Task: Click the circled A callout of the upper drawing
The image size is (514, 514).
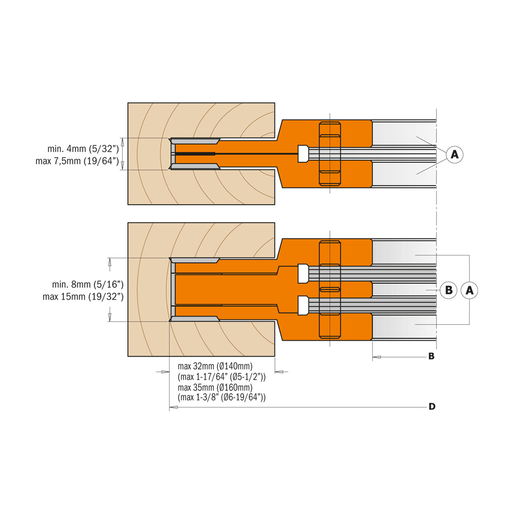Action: (x=454, y=154)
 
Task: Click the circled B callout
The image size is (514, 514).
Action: (x=448, y=290)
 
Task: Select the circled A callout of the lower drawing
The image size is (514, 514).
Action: (x=469, y=290)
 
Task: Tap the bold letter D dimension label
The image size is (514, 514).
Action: (x=432, y=407)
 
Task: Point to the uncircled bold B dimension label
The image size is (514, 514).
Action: (x=431, y=356)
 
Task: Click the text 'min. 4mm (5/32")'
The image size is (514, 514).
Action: (x=83, y=149)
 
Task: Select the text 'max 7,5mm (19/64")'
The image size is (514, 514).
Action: (x=78, y=161)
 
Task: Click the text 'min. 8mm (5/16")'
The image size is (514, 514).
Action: (x=88, y=284)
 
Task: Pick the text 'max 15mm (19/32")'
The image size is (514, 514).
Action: (x=83, y=297)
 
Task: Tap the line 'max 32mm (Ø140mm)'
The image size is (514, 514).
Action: (x=215, y=366)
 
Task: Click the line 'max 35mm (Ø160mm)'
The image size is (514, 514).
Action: (x=215, y=387)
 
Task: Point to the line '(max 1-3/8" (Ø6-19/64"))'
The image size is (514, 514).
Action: (x=222, y=397)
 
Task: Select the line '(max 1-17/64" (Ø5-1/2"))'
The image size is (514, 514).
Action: (x=222, y=377)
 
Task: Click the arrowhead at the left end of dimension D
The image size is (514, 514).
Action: (x=173, y=407)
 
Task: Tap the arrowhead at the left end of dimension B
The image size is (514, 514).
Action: (x=377, y=357)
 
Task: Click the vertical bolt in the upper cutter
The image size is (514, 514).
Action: (x=330, y=154)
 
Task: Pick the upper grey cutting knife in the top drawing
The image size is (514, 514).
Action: (x=195, y=141)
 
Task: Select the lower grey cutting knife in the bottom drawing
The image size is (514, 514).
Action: (x=194, y=319)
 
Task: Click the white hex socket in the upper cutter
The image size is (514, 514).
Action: (x=303, y=154)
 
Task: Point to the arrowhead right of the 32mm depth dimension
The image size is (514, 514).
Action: (x=279, y=372)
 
